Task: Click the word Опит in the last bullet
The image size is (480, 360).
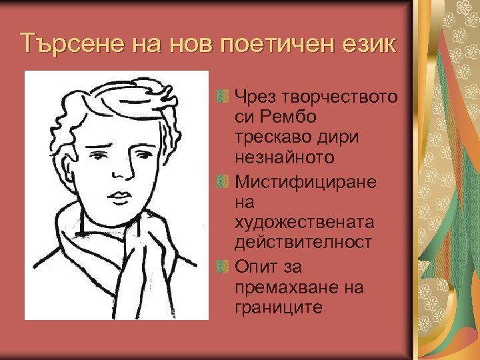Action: point(255,267)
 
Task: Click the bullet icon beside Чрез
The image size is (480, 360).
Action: point(223,98)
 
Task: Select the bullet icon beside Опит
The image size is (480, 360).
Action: point(223,267)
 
